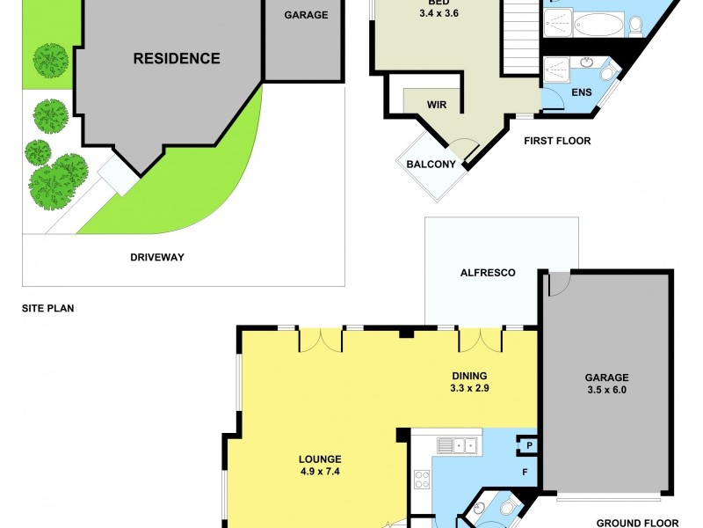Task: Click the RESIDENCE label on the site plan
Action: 176,59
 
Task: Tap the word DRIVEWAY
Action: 156,257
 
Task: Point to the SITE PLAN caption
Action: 48,309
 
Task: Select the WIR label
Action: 437,105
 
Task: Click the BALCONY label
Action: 431,165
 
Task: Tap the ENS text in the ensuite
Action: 581,92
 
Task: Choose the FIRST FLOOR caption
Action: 557,141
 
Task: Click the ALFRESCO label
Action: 488,273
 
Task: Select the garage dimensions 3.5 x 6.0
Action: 606,389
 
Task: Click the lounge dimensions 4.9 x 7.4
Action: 319,472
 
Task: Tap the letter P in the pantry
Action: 530,445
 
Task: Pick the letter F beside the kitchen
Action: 525,473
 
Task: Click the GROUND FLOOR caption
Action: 637,523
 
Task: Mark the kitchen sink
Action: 458,445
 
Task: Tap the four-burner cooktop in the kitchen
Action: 422,480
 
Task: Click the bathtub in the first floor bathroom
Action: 601,24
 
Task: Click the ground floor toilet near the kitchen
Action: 507,508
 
